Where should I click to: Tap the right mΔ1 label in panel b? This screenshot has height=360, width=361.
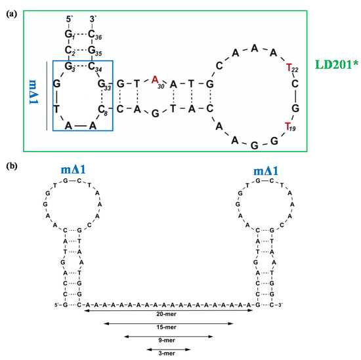pyautogui.click(x=269, y=172)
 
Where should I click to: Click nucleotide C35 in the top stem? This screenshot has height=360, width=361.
pyautogui.click(x=93, y=50)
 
